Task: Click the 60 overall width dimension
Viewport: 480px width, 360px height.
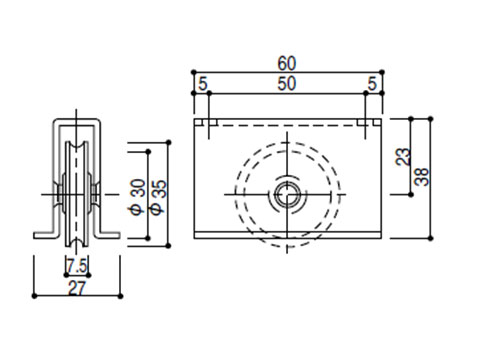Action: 287,63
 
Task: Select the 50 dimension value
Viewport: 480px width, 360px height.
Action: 287,83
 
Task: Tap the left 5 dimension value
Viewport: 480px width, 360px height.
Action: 203,83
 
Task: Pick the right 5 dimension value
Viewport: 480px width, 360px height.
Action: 372,83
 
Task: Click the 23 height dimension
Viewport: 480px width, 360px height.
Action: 402,157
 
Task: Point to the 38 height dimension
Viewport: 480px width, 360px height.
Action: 422,177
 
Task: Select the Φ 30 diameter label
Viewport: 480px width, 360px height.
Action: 137,197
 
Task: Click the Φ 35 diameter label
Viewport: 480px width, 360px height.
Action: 158,197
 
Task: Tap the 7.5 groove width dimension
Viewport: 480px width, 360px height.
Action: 77,266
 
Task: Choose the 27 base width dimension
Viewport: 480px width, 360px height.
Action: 77,288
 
